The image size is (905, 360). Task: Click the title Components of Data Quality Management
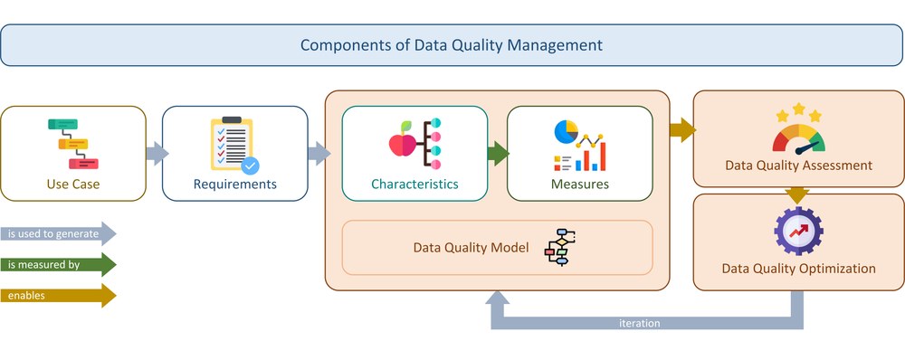[452, 45]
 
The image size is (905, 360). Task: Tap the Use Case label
[73, 184]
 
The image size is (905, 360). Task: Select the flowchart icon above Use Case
[73, 144]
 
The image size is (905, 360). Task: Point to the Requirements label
[235, 185]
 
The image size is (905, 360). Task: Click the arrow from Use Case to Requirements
[157, 154]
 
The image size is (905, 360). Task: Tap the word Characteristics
[414, 184]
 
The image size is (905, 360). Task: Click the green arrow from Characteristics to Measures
[498, 154]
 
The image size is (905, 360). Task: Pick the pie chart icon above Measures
[567, 131]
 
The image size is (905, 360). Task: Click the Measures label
[580, 184]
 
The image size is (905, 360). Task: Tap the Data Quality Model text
[471, 248]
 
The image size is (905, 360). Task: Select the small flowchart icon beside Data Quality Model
[560, 247]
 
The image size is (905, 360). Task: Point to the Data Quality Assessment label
[799, 166]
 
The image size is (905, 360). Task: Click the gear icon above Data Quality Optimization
[799, 231]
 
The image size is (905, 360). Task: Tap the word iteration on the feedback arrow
[640, 323]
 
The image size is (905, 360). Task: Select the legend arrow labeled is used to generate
[58, 233]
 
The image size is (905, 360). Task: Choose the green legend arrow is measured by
[58, 265]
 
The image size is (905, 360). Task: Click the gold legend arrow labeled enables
[58, 296]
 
